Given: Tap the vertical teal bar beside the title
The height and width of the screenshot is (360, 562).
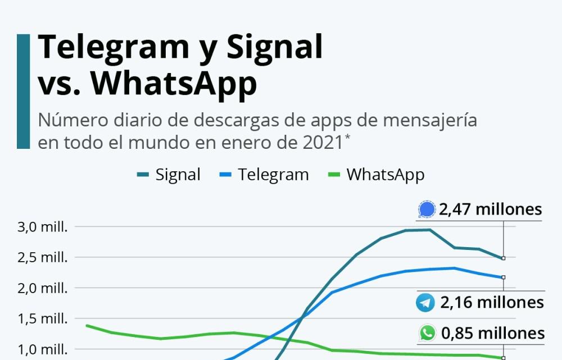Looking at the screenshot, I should [23, 92].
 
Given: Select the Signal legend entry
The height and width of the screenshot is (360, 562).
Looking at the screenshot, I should [169, 175].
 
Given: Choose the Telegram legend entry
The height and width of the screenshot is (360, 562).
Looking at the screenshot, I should [264, 175].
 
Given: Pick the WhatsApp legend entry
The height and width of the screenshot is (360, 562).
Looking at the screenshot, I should [376, 175].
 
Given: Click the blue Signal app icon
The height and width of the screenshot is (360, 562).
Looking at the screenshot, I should [427, 210].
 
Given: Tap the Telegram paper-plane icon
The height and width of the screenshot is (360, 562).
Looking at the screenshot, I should [425, 303].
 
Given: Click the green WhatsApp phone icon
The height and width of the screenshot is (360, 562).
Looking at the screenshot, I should [428, 333].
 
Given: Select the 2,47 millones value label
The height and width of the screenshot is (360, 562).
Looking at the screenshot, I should [491, 210].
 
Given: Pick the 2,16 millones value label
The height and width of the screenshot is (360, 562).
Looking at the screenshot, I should [492, 303].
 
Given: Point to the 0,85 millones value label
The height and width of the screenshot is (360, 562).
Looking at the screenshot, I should [493, 333].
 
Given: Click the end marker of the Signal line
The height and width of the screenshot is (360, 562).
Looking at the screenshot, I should [504, 258].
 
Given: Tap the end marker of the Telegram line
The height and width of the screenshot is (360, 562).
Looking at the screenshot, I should [504, 277].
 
